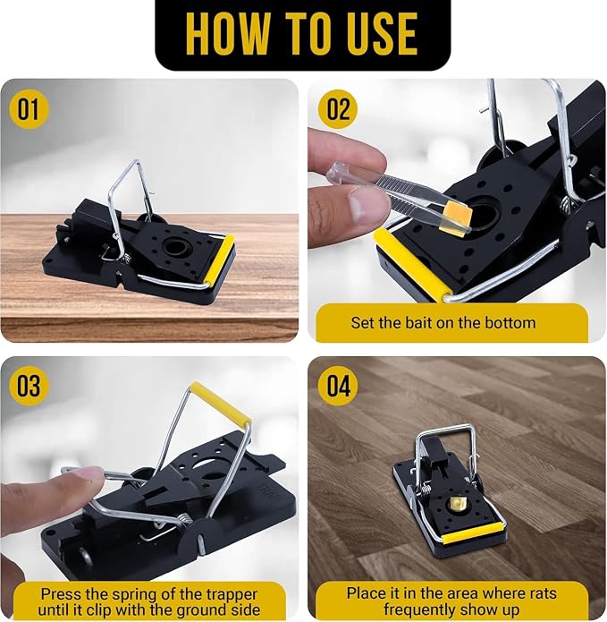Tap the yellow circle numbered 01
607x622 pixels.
(28, 109)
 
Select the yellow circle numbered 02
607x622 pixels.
(338, 109)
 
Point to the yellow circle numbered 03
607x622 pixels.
(28, 386)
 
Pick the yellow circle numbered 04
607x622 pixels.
(338, 386)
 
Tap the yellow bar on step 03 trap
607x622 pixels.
(220, 403)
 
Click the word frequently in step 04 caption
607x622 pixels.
(419, 609)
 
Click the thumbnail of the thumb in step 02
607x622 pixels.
(359, 201)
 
